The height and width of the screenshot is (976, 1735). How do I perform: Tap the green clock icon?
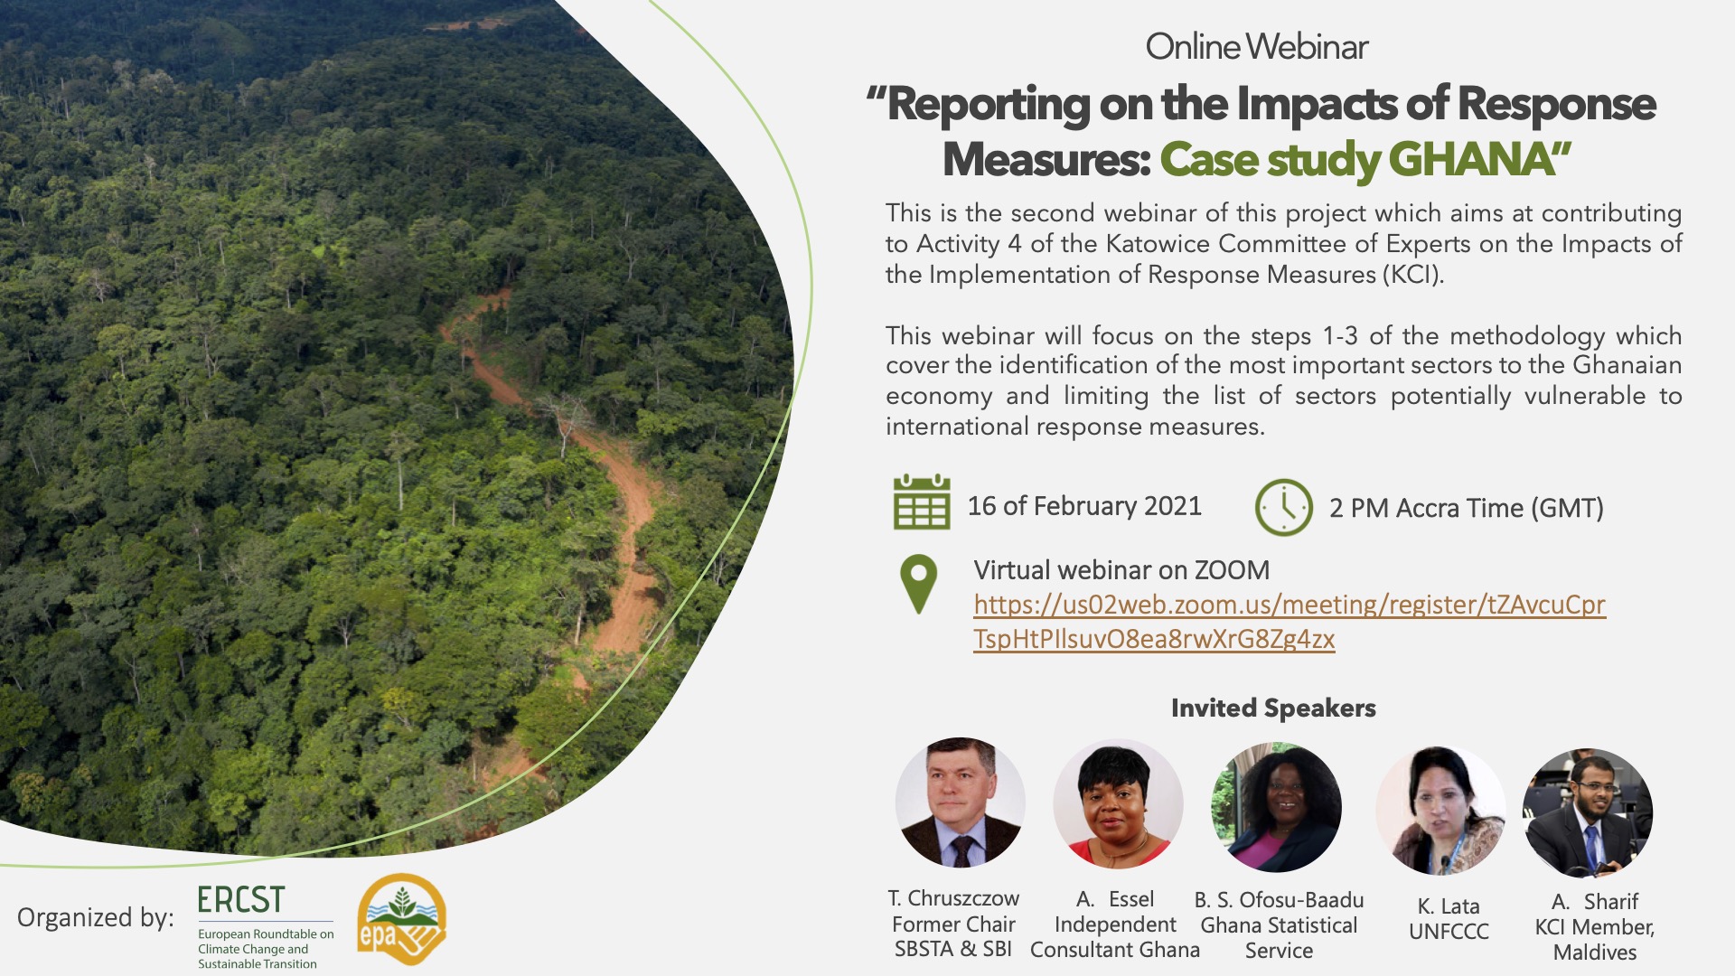point(1283,507)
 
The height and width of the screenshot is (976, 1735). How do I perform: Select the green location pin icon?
point(919,584)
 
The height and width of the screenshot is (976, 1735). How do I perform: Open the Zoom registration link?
point(1290,622)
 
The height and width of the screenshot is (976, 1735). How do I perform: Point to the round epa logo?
point(401,919)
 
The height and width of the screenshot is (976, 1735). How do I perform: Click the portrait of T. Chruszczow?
point(960,802)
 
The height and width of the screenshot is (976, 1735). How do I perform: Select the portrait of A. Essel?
point(1118,803)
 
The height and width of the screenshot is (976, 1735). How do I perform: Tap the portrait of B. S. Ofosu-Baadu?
point(1276,807)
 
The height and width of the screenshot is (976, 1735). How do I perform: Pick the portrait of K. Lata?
point(1440,811)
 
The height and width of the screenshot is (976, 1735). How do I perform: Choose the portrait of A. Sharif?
point(1588,812)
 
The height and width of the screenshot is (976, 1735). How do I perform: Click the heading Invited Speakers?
point(1273,708)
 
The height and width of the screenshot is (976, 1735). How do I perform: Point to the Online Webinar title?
point(1257,47)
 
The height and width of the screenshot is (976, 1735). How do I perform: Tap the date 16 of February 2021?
point(1084,506)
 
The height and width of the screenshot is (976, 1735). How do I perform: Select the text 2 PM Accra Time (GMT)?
point(1467,508)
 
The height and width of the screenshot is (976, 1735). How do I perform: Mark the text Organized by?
point(96,918)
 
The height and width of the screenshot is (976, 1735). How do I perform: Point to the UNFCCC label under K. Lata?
point(1449,932)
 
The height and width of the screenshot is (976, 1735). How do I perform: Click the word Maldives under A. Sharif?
point(1595,953)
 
